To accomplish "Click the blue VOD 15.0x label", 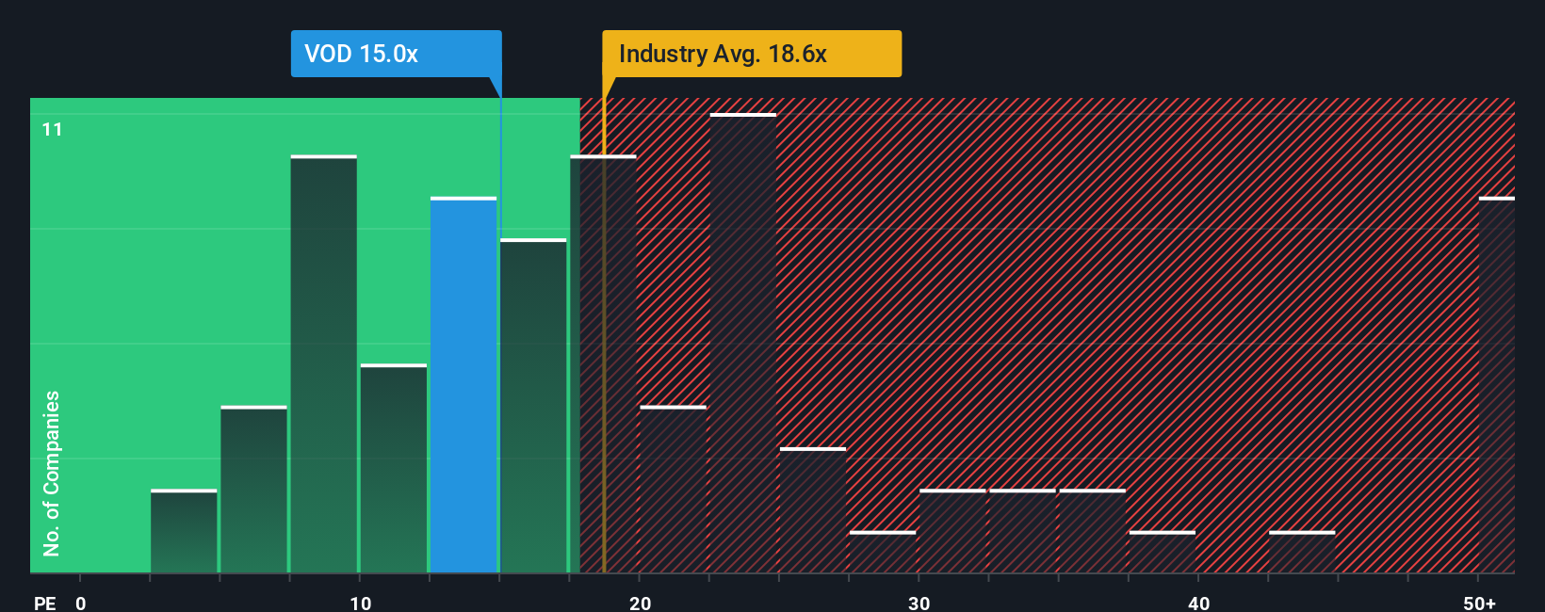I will point(396,54).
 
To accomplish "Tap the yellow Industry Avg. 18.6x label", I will point(751,54).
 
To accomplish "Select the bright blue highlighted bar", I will point(463,386).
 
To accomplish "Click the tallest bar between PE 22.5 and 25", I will point(743,344).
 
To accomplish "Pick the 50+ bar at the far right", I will point(1496,386).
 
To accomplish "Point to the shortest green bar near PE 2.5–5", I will point(184,532).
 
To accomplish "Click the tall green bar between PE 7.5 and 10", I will point(324,364).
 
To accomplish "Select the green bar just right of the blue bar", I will point(533,407).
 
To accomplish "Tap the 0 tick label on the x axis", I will point(81,604).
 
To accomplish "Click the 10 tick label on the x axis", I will point(360,604).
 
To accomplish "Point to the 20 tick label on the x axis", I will point(640,604).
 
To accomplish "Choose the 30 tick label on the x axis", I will point(919,604).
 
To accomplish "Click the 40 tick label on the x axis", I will point(1198,604).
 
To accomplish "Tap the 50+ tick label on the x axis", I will point(1479,604).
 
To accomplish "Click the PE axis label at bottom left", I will point(44,604).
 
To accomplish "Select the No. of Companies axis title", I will point(52,474).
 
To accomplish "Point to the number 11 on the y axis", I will point(52,129).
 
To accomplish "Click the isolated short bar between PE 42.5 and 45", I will point(1302,553).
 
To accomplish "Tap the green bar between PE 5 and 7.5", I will point(253,490).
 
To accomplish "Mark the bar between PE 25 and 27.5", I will point(813,510).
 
